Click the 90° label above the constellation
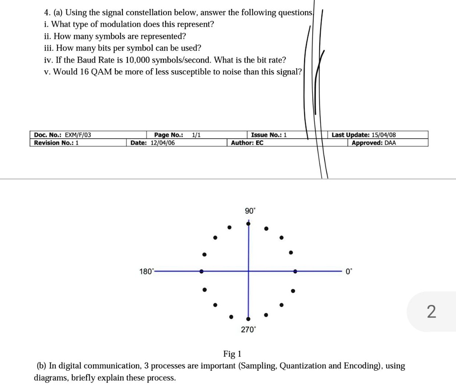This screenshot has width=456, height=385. point(250,211)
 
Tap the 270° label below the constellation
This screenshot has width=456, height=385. point(248,330)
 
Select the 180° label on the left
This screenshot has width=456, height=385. point(146,271)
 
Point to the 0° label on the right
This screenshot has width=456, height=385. point(349,271)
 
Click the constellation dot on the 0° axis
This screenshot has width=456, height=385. point(295,271)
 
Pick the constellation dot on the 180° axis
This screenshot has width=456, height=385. point(202,271)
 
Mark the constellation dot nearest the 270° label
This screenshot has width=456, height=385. point(248,319)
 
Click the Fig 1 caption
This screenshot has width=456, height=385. point(232,354)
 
